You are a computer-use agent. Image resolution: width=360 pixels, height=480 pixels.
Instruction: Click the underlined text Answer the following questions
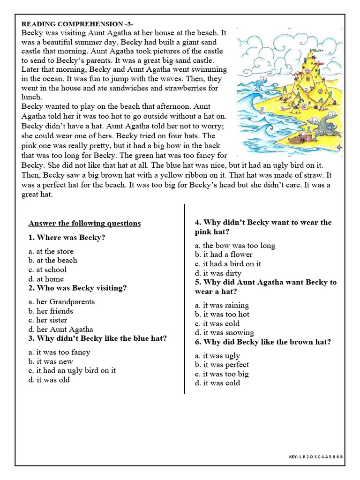84,223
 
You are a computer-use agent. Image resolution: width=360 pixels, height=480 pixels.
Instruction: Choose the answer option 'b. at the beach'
52,260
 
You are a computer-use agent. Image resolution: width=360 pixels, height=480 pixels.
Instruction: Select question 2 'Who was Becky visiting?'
77,288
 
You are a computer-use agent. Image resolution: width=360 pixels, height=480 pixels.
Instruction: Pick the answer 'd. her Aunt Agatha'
60,329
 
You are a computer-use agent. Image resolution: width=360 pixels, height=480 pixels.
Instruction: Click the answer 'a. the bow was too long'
235,245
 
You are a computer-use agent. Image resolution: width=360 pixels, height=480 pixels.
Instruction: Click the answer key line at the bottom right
315,456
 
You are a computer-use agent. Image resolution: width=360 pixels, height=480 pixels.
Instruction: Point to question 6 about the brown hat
263,342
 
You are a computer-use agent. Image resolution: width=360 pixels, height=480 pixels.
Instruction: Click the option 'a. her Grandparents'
61,301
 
